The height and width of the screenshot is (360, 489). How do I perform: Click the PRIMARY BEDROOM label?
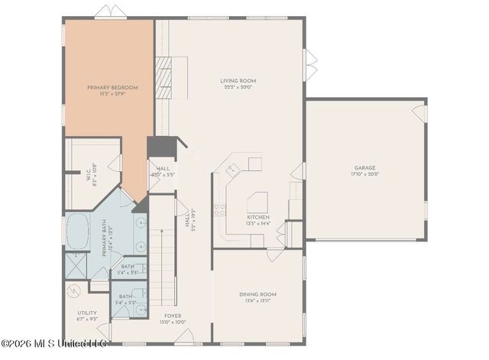[x=113, y=88]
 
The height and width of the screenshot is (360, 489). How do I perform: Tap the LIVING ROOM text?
[x=238, y=80]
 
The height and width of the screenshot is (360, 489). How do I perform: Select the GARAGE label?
[x=364, y=167]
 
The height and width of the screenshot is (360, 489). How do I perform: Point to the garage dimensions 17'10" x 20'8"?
[x=364, y=174]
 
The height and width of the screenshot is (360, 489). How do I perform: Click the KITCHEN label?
[x=257, y=217]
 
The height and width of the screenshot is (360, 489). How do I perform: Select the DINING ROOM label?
[x=257, y=294]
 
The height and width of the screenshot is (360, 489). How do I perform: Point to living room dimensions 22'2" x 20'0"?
[x=238, y=87]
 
